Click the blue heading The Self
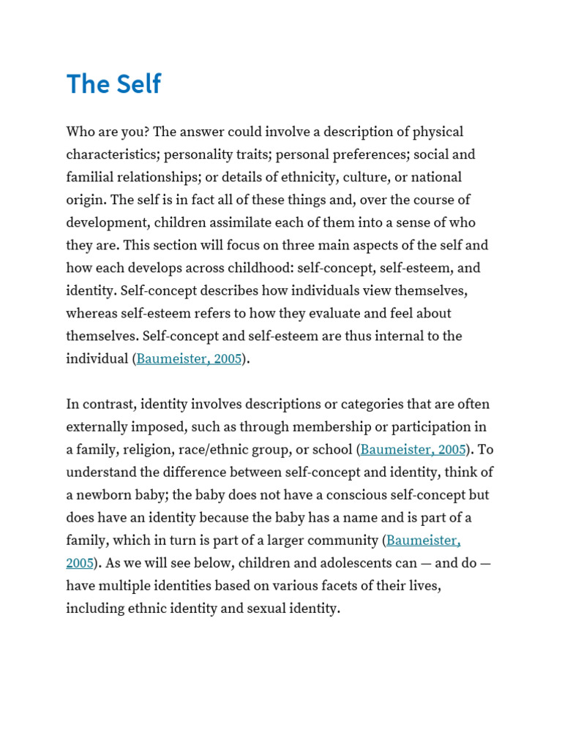pos(113,84)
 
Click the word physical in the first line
pos(438,132)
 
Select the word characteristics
pos(112,155)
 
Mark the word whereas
pos(92,314)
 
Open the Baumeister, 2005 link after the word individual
pos(189,359)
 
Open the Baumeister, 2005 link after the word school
pos(413,450)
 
